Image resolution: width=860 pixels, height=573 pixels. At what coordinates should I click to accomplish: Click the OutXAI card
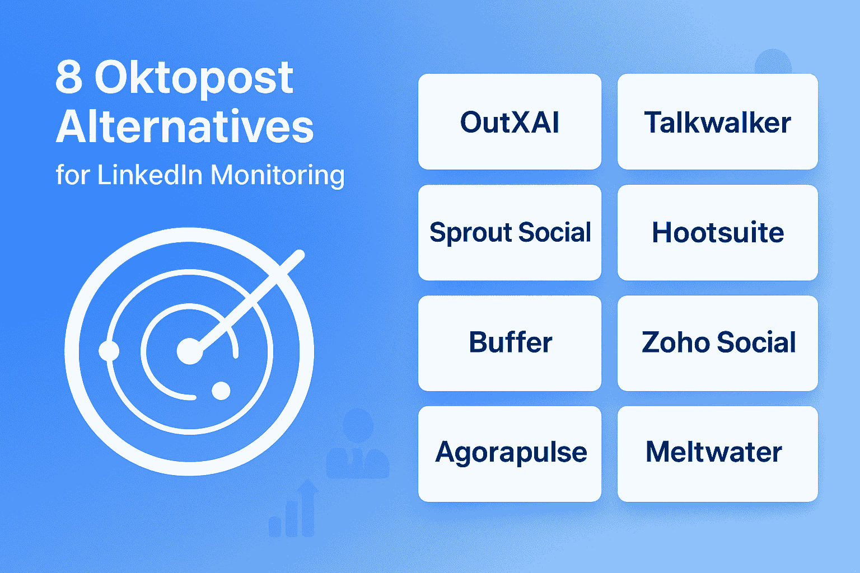click(x=510, y=122)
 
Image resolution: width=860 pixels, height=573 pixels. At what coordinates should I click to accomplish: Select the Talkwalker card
click(x=717, y=122)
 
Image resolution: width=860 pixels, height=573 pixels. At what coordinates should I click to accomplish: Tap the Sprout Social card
click(x=510, y=233)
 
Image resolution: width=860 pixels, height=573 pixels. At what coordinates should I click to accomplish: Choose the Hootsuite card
click(x=717, y=233)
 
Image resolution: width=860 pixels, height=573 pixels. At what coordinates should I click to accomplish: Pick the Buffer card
click(x=510, y=343)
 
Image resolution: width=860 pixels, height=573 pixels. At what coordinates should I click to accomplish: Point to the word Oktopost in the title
click(x=194, y=78)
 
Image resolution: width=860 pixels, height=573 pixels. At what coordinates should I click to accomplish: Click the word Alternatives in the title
click(x=185, y=126)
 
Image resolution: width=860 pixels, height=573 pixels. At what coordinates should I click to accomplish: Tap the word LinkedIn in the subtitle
click(x=150, y=175)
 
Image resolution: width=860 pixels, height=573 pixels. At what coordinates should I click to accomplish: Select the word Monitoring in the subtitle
click(x=278, y=176)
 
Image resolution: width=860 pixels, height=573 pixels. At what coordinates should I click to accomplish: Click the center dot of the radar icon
click(x=189, y=351)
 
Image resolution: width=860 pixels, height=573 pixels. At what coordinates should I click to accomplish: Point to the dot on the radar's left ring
click(x=109, y=351)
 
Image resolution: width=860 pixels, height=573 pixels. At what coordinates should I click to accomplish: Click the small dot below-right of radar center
click(x=221, y=391)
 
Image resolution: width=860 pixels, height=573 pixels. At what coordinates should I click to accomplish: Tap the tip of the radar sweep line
click(x=299, y=255)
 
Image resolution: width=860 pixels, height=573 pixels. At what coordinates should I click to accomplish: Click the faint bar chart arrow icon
click(x=294, y=509)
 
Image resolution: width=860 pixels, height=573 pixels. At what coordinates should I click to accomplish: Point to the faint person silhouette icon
click(x=358, y=445)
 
